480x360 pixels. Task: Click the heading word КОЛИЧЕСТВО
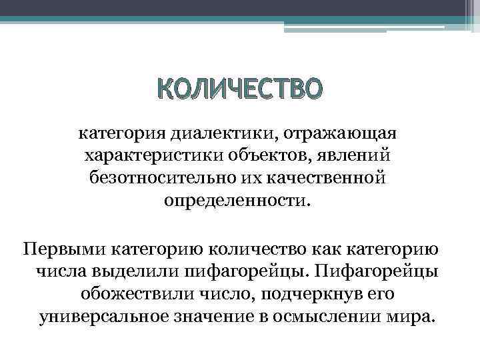239,89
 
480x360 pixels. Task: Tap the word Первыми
64,250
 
